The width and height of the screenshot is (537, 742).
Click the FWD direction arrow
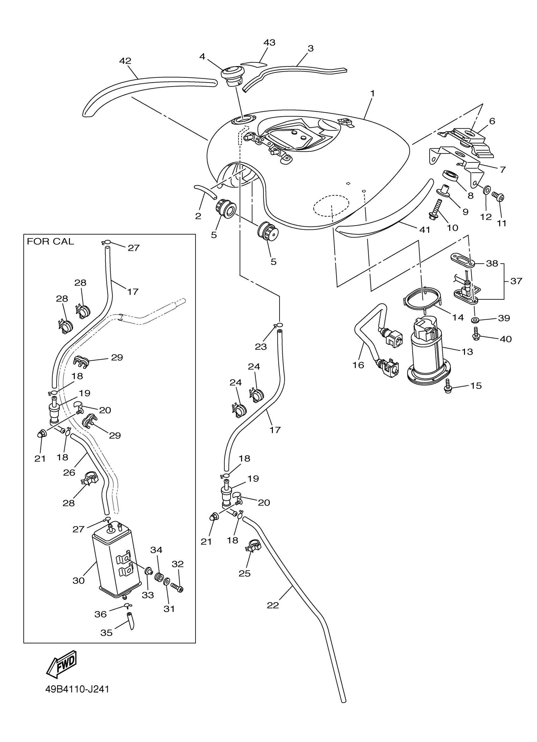coord(62,664)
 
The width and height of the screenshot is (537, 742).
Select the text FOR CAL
coord(50,242)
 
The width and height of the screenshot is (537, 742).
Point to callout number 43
coord(269,43)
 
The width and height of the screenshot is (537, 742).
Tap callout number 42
coord(125,61)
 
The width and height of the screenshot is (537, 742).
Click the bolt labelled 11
coord(499,197)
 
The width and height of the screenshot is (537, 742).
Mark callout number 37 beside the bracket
coord(516,281)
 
